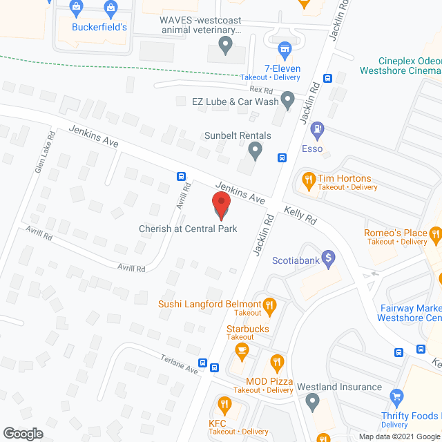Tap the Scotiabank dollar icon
[329, 258]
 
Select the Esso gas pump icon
[317, 128]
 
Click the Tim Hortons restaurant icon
[309, 182]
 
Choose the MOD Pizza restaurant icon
[277, 362]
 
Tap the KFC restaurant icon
[223, 404]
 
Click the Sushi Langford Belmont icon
[271, 304]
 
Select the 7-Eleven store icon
[284, 48]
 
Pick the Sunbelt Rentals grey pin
[255, 149]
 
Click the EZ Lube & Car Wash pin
[288, 101]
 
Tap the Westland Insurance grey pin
[312, 401]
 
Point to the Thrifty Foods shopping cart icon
[396, 396]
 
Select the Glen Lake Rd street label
[44, 153]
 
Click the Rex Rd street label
[261, 89]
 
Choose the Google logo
[22, 433]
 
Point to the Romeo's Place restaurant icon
[435, 236]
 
